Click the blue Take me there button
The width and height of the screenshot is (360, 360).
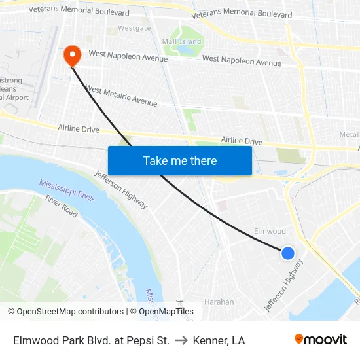180,160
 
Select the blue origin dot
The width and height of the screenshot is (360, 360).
287,253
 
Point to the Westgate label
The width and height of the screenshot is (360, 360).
134,29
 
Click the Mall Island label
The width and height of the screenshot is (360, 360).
182,42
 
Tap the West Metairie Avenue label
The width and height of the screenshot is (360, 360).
122,96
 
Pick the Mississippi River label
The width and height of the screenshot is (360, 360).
67,189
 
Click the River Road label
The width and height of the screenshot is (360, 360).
62,206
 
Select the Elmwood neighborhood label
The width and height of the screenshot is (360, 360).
270,231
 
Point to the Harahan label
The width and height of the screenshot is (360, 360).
219,302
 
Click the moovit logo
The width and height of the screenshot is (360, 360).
321,340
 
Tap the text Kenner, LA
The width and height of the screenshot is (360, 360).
219,340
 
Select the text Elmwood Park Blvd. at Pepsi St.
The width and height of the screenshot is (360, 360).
92,340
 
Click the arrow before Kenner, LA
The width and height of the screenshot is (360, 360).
181,340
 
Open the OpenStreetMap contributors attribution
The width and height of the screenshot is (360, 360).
65,312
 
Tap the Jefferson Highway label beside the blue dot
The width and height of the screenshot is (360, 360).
284,285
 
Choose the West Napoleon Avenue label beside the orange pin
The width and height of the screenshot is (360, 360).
128,56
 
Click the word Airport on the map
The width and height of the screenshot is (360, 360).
18,98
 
